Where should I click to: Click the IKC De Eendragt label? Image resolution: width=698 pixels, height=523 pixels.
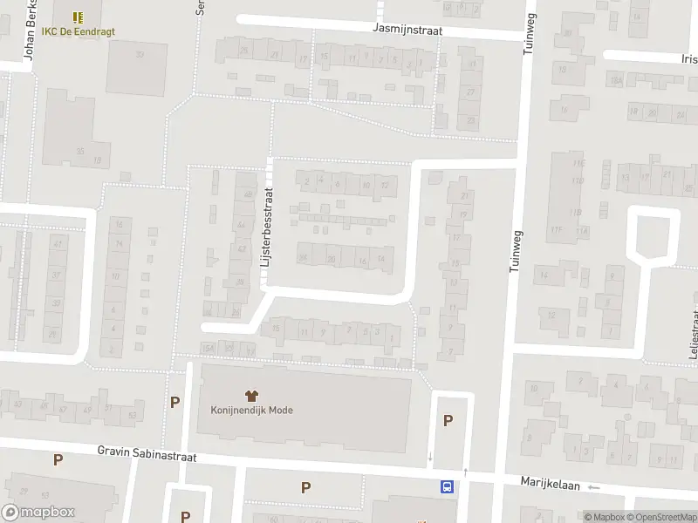[x=78, y=31]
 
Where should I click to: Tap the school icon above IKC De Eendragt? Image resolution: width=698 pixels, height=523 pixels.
[x=78, y=17]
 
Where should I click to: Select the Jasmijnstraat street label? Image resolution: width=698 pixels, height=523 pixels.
[x=407, y=29]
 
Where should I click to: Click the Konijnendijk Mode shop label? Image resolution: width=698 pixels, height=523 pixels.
[x=251, y=410]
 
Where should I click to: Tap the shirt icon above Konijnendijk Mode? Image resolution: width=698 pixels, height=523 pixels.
[x=251, y=394]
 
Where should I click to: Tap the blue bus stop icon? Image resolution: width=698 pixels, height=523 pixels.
[x=447, y=487]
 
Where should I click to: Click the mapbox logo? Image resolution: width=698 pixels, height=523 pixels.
[x=38, y=513]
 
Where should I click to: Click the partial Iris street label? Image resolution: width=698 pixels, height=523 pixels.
[x=688, y=59]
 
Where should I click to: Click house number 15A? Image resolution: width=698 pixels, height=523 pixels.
[x=207, y=349]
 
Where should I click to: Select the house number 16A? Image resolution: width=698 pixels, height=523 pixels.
[x=615, y=81]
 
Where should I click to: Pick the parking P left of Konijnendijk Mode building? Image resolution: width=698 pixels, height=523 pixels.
[x=174, y=403]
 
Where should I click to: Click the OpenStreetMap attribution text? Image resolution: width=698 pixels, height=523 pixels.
[x=664, y=517]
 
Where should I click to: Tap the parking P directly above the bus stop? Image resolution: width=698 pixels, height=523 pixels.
[x=448, y=420]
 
